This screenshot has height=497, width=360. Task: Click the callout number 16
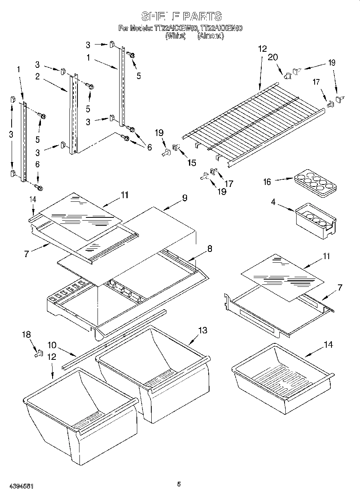(x=266, y=182)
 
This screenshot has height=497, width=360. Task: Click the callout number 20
(x=273, y=57)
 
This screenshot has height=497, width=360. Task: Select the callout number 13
(x=203, y=330)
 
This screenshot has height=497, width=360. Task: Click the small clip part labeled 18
(x=39, y=354)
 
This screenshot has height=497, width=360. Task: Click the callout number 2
(x=37, y=77)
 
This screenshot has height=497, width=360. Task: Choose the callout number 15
(x=192, y=162)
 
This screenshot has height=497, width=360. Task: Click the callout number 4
(x=273, y=203)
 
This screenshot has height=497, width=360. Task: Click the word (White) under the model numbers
(x=175, y=36)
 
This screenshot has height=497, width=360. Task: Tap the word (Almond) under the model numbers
(x=210, y=36)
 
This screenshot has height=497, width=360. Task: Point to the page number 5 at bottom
(x=179, y=484)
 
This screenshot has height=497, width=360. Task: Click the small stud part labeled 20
(x=287, y=74)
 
